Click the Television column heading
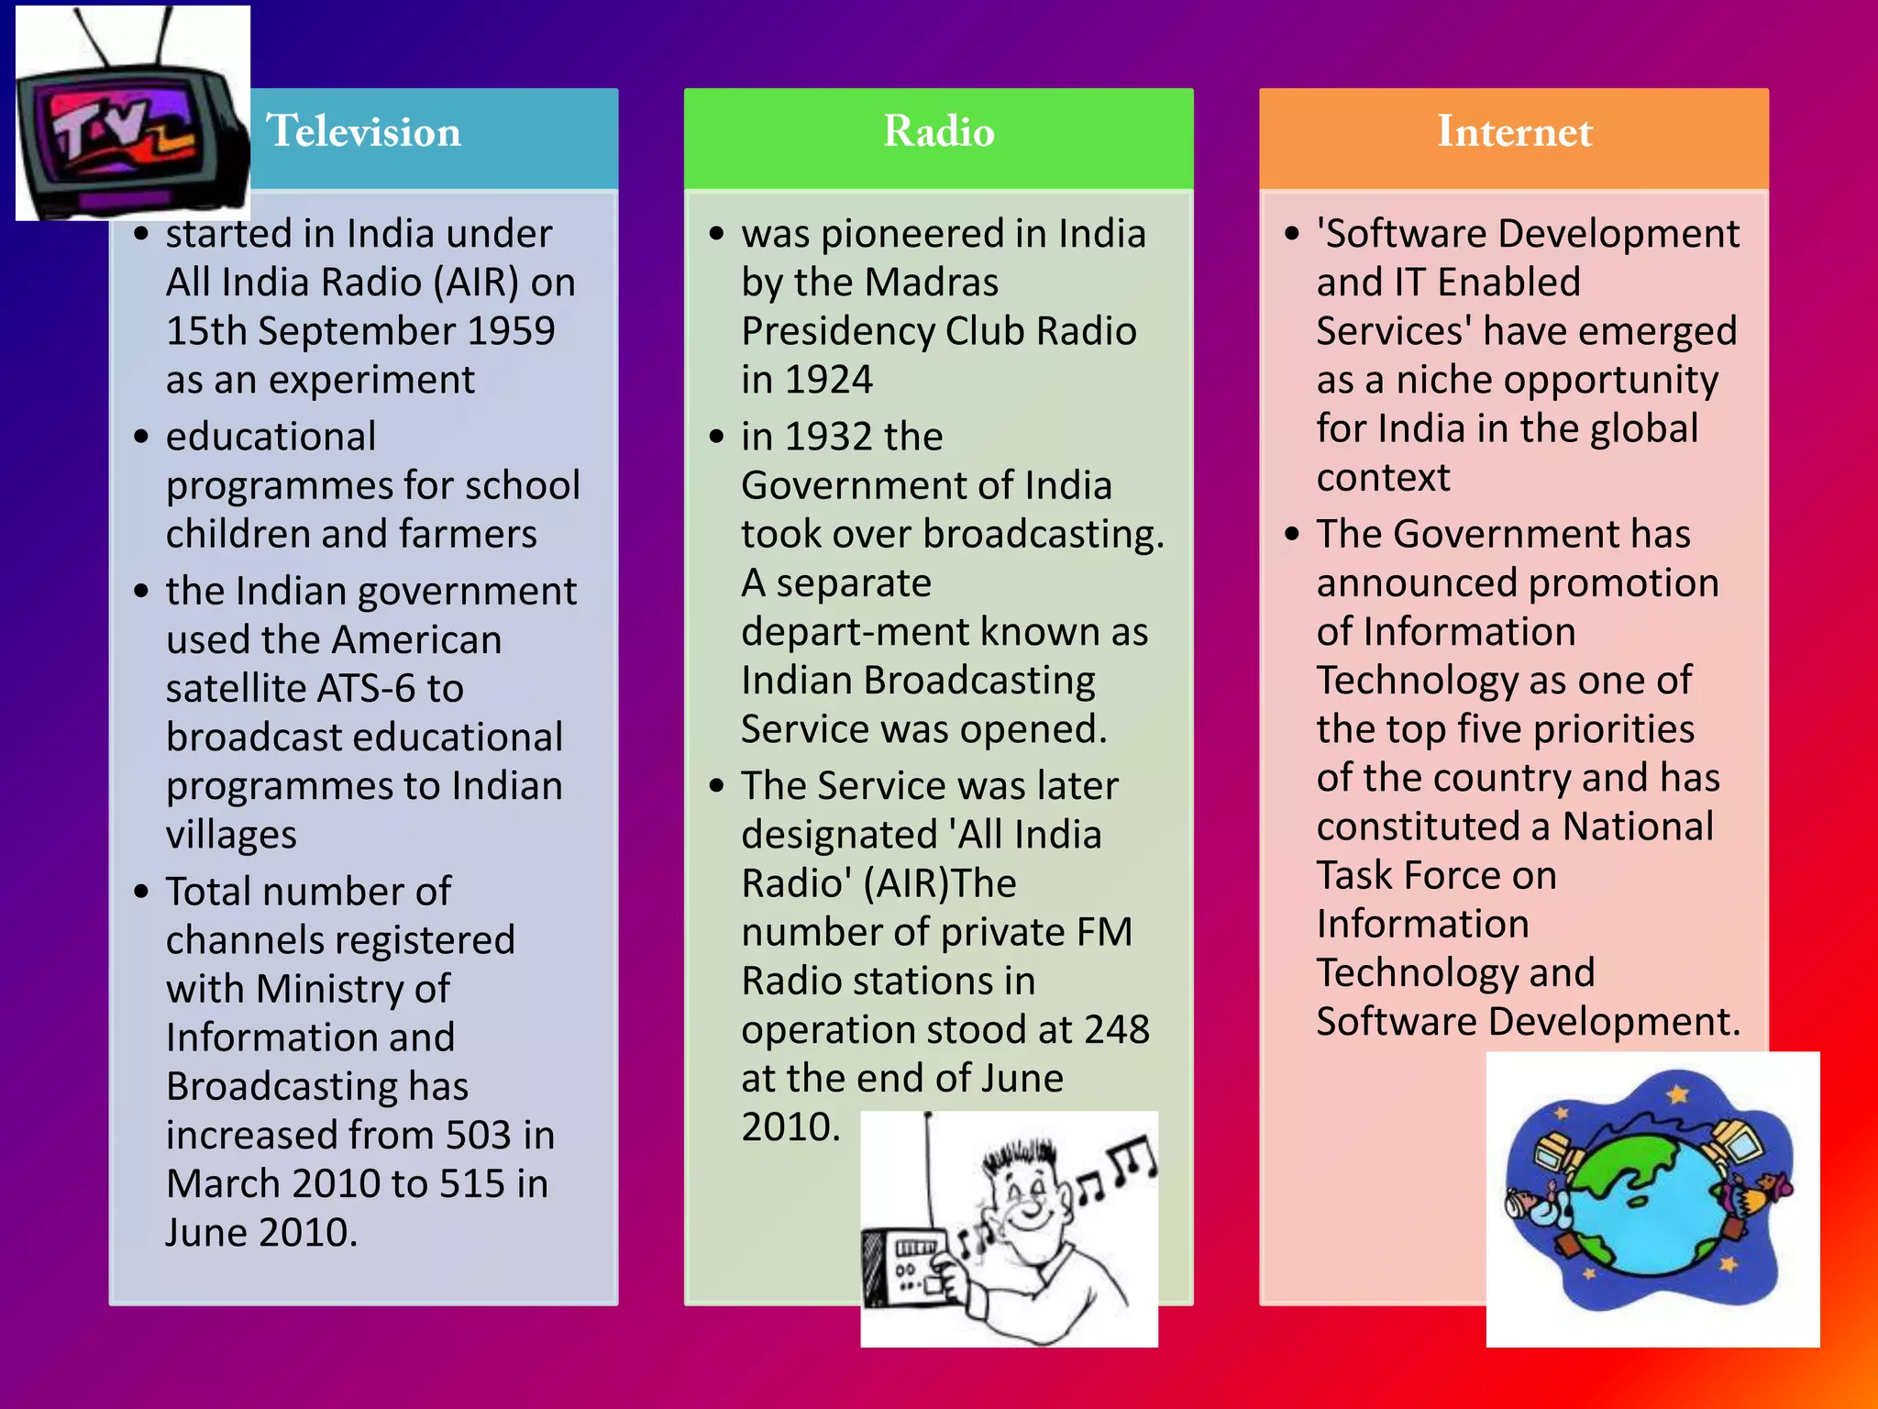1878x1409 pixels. coord(363,131)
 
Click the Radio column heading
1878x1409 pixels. coord(938,131)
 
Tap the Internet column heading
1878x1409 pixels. coord(1514,131)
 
